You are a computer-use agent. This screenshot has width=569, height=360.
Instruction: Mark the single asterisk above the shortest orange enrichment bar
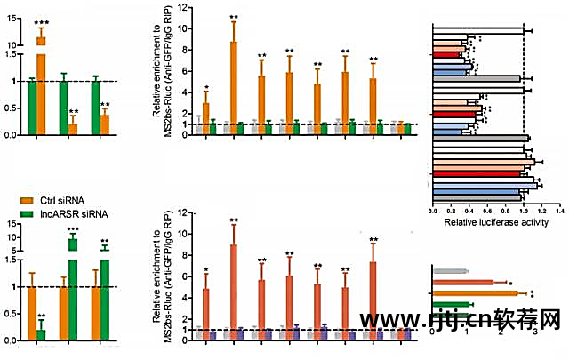(x=206, y=89)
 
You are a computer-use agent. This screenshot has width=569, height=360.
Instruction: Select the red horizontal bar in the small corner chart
(x=462, y=282)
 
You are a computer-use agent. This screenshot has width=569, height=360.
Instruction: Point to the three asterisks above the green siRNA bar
(x=74, y=229)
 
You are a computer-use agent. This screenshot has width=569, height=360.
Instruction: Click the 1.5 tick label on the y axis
(x=12, y=54)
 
